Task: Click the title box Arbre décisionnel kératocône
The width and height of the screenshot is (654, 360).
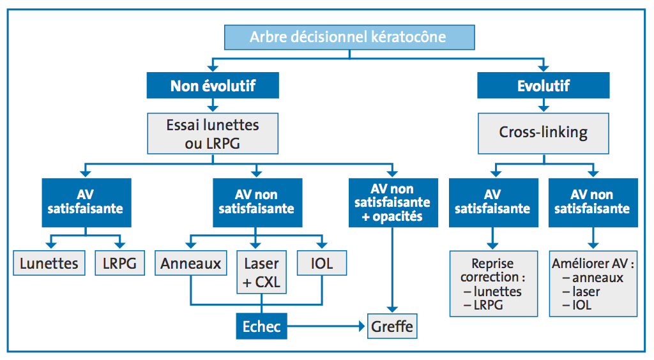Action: [x=349, y=37]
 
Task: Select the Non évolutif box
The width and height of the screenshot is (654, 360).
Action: [x=213, y=86]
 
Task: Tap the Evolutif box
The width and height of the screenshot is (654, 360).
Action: [x=544, y=86]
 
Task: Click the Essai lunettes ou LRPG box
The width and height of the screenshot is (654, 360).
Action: [x=213, y=134]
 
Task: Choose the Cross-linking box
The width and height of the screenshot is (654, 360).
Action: [x=544, y=133]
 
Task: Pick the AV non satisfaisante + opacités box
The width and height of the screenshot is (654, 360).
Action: [x=393, y=203]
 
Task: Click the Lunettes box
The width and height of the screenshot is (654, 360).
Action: [x=49, y=263]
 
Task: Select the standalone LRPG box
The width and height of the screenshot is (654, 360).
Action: [x=119, y=263]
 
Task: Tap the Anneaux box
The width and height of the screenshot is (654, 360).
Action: [x=190, y=263]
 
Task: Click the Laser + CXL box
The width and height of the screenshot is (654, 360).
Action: [x=261, y=272]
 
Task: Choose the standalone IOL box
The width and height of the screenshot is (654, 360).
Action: [x=322, y=263]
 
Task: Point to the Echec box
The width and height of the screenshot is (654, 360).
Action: [x=261, y=326]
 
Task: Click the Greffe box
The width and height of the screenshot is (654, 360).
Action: [x=392, y=326]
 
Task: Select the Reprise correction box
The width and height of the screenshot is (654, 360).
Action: [x=494, y=284]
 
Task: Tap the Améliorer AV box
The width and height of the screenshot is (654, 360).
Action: [x=593, y=284]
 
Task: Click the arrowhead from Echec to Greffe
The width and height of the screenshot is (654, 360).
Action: [x=361, y=326]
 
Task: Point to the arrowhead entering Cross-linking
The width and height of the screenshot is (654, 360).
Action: [x=544, y=109]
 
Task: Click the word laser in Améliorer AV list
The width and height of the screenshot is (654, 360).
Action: [x=586, y=292]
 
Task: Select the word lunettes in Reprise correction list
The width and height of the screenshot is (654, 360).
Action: [x=498, y=292]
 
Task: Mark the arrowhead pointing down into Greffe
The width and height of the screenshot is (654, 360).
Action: [x=392, y=310]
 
